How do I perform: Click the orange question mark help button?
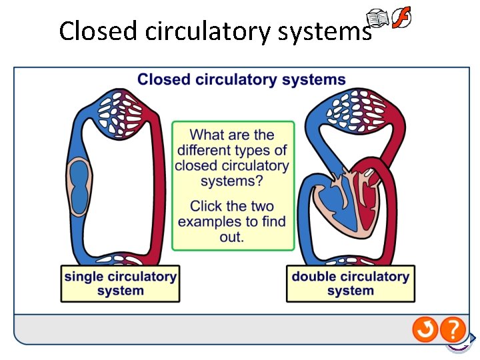click(453, 329)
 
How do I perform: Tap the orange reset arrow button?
click(425, 329)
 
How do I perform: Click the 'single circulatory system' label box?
click(121, 283)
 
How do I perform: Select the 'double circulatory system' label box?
click(351, 283)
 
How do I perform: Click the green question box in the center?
click(233, 185)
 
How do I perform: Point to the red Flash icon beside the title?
click(401, 17)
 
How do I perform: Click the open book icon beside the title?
click(379, 19)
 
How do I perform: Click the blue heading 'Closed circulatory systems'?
click(241, 80)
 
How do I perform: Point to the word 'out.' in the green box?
click(232, 237)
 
